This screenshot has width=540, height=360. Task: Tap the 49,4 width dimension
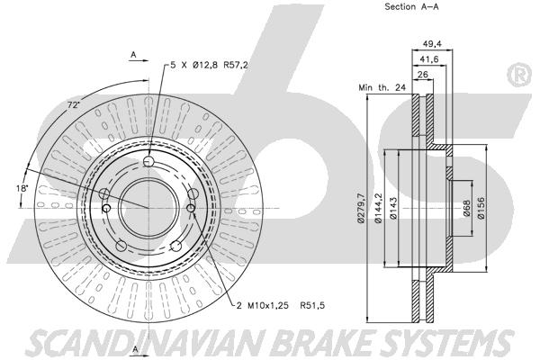434,41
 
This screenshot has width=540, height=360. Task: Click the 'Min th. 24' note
382,87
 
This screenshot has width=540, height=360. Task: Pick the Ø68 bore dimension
467,209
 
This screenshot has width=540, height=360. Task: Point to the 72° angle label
73,106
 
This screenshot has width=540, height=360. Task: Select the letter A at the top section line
133,55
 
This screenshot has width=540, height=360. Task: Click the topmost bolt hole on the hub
147,162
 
